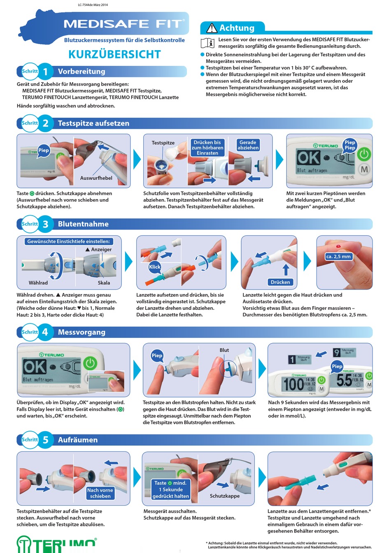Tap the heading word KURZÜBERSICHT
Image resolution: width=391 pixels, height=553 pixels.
[x=114, y=54]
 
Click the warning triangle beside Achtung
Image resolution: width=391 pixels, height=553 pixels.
[x=212, y=28]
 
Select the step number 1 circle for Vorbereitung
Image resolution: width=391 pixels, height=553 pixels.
[x=45, y=72]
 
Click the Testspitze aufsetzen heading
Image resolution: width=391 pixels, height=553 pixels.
[x=93, y=123]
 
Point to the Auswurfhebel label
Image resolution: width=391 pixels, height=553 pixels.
[x=96, y=178]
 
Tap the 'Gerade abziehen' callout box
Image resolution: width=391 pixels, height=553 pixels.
[x=248, y=145]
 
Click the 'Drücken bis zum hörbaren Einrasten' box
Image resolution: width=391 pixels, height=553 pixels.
[x=207, y=148]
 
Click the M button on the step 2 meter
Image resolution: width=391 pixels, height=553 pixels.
[x=364, y=169]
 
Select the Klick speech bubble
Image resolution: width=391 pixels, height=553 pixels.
[x=155, y=267]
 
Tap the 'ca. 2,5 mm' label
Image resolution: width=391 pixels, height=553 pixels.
[x=338, y=256]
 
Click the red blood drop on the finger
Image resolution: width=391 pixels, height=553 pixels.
[x=338, y=246]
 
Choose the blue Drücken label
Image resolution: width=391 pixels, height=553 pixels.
[x=280, y=282]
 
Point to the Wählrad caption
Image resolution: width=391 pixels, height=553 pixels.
[x=38, y=283]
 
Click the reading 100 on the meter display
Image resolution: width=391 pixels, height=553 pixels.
[x=293, y=384]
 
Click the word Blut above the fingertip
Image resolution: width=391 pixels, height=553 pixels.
[x=224, y=350]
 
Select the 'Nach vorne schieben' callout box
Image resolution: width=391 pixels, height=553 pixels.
[x=100, y=493]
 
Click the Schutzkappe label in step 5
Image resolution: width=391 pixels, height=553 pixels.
[x=225, y=496]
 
